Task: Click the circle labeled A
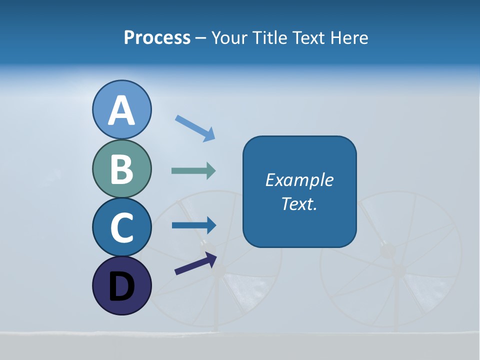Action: point(121,109)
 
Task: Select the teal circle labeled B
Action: point(121,168)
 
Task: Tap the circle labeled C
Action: point(121,227)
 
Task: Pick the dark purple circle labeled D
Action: point(121,285)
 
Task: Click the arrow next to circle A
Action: point(195,128)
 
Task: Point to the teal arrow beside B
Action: point(193,171)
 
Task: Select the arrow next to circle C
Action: point(194,225)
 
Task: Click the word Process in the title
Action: point(157,37)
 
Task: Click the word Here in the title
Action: point(350,37)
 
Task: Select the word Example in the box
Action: point(299,180)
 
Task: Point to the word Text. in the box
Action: point(299,203)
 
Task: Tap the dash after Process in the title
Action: point(200,38)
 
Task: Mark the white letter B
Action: point(121,169)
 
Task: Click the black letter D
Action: point(121,286)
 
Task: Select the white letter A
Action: point(121,110)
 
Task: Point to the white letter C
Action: point(121,227)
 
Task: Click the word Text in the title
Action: point(310,37)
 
